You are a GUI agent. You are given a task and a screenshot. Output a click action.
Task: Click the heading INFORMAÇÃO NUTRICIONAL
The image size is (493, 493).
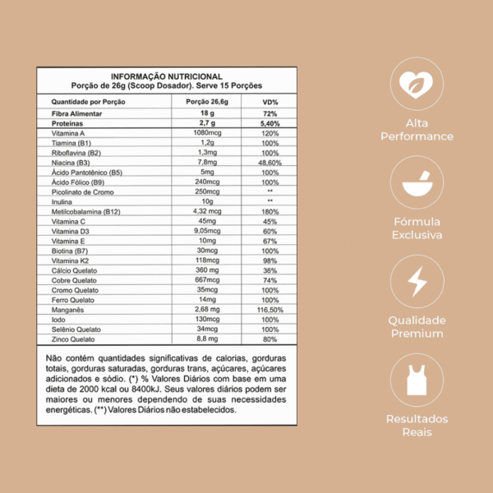click(166, 76)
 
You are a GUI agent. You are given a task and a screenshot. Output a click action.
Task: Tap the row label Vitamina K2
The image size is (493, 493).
click(71, 260)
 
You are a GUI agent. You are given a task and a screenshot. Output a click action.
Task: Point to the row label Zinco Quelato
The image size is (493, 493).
click(74, 339)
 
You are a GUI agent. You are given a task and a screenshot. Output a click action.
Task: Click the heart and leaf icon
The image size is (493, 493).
click(417, 83)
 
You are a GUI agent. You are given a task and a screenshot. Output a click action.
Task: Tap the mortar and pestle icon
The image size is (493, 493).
click(417, 182)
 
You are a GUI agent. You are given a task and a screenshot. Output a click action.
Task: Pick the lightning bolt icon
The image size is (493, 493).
click(417, 281)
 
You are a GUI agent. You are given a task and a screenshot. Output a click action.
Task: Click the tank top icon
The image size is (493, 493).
click(417, 380)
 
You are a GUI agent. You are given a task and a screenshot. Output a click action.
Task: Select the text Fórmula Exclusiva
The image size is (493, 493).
click(417, 228)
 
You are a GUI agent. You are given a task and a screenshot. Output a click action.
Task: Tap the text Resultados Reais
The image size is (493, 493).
click(417, 426)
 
